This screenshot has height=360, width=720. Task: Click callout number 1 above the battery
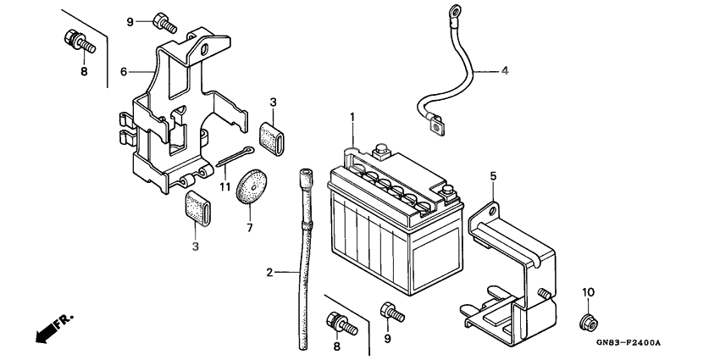pos(353,116)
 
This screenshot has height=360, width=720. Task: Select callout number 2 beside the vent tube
pos(270,273)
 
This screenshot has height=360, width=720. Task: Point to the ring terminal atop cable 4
pos(436,12)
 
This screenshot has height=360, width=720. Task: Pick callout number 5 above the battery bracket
pos(493,177)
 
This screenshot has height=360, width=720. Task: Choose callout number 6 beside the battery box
pos(123,72)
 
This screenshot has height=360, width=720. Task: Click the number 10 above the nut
pos(585,292)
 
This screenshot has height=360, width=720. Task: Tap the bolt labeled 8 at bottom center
pos(338,323)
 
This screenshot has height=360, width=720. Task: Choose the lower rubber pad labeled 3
pos(199,209)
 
